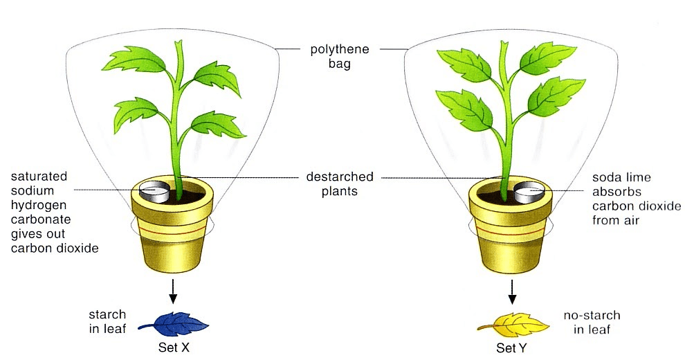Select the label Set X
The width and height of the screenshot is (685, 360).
click(x=174, y=348)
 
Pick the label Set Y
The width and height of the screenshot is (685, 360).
click(x=511, y=348)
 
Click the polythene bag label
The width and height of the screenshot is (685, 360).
click(x=340, y=56)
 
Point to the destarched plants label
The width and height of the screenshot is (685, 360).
click(x=340, y=184)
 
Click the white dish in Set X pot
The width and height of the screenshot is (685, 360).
click(x=155, y=192)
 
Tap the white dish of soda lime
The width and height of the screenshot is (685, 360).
click(x=529, y=192)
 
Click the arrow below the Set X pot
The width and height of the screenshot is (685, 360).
click(x=173, y=291)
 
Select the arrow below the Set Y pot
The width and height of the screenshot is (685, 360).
click(x=512, y=292)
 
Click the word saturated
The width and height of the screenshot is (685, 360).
click(x=39, y=177)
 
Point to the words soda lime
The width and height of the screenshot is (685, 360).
click(x=621, y=177)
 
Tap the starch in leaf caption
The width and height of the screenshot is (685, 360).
click(x=107, y=321)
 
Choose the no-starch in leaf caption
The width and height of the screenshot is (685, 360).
click(x=592, y=323)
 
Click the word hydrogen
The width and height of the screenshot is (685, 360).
click(x=39, y=206)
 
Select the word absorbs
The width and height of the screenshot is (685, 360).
click(x=616, y=192)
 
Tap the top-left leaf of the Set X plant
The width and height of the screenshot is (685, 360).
click(x=134, y=60)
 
